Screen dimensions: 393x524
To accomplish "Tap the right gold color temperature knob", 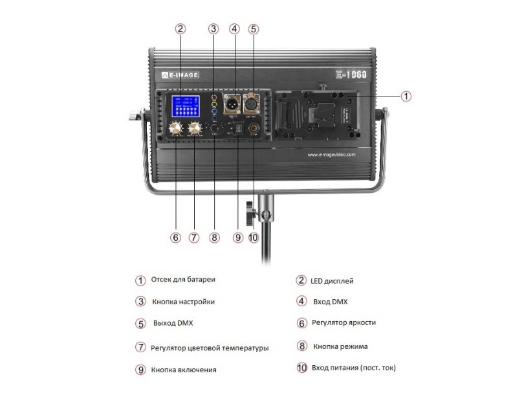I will (x=193, y=129).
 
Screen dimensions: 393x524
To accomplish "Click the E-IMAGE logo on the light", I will (x=180, y=75).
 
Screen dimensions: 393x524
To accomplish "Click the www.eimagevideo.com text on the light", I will (x=331, y=155).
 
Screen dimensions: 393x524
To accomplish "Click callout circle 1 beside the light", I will (x=406, y=96).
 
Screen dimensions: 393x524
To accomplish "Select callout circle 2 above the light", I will (x=180, y=28).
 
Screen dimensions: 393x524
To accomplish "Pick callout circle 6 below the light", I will (x=175, y=238).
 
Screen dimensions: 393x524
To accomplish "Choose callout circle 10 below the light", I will (x=253, y=238).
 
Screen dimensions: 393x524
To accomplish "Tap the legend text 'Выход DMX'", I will (x=173, y=322).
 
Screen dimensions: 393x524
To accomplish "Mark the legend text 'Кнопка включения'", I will (x=184, y=370).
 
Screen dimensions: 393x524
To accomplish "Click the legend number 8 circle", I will (x=301, y=346).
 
